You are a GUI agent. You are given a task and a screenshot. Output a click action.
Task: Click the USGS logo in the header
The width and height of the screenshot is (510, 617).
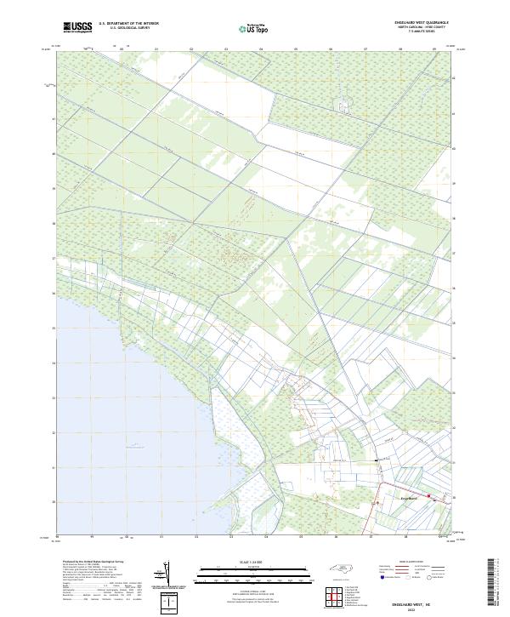(x=77, y=27)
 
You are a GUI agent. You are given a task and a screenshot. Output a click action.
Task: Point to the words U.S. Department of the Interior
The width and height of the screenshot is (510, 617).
(x=129, y=24)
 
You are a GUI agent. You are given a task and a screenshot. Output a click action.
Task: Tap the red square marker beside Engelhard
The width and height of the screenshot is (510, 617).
(x=429, y=496)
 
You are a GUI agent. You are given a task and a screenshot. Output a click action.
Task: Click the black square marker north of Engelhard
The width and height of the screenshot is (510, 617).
(x=377, y=460)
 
